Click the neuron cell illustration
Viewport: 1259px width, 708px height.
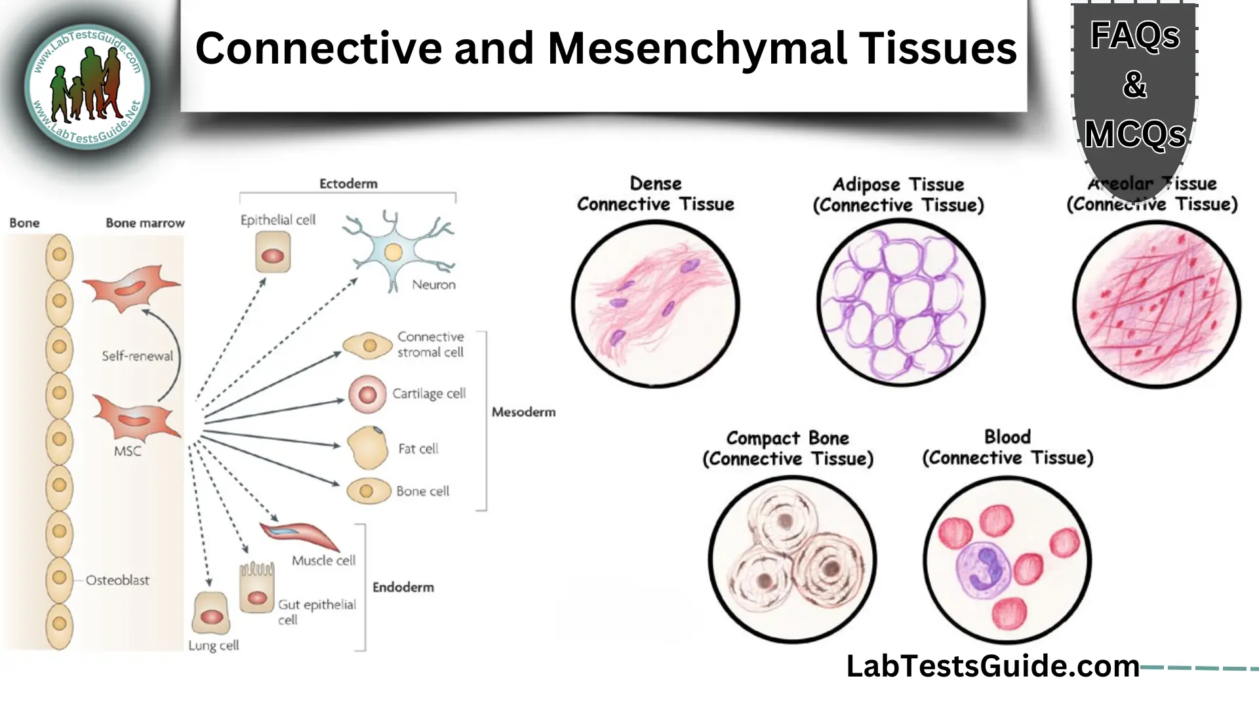393,252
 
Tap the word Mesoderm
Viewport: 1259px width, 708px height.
523,412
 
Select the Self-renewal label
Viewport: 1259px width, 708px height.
137,356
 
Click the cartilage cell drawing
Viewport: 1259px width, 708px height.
367,395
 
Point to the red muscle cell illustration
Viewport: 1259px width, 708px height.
300,534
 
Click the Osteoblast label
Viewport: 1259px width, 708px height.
117,580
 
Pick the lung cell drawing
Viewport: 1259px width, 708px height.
211,614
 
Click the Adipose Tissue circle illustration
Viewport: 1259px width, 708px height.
900,303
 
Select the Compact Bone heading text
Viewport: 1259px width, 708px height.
788,438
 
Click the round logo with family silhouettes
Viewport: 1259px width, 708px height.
87,87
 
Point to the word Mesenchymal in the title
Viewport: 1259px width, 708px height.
696,49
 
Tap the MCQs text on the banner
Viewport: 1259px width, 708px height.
1134,135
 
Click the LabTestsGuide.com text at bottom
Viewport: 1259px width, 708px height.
992,666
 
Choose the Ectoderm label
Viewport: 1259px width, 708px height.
348,184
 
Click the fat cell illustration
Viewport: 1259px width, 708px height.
367,448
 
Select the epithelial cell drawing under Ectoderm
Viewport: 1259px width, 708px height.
273,254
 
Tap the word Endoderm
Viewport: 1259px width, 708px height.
403,587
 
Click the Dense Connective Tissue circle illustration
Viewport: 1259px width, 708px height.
655,304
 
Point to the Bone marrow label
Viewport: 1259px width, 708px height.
145,224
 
